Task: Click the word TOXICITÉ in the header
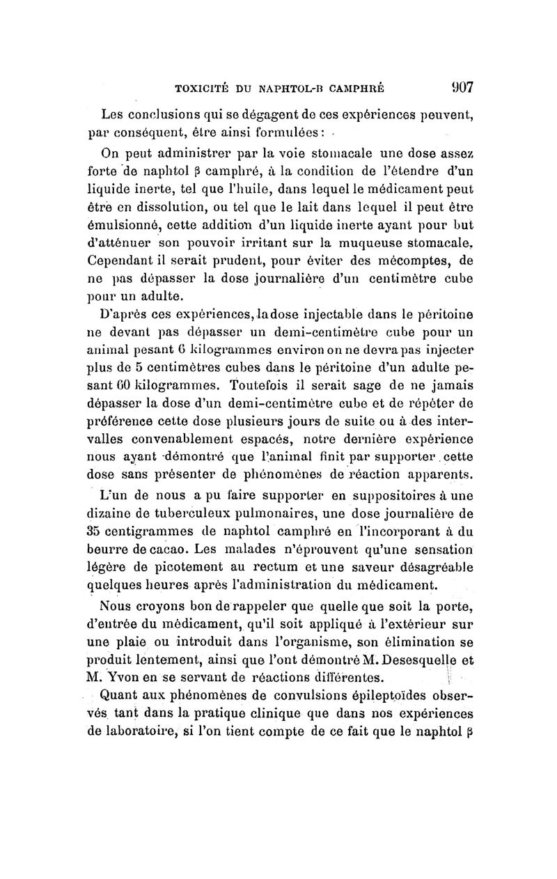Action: pyautogui.click(x=203, y=88)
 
